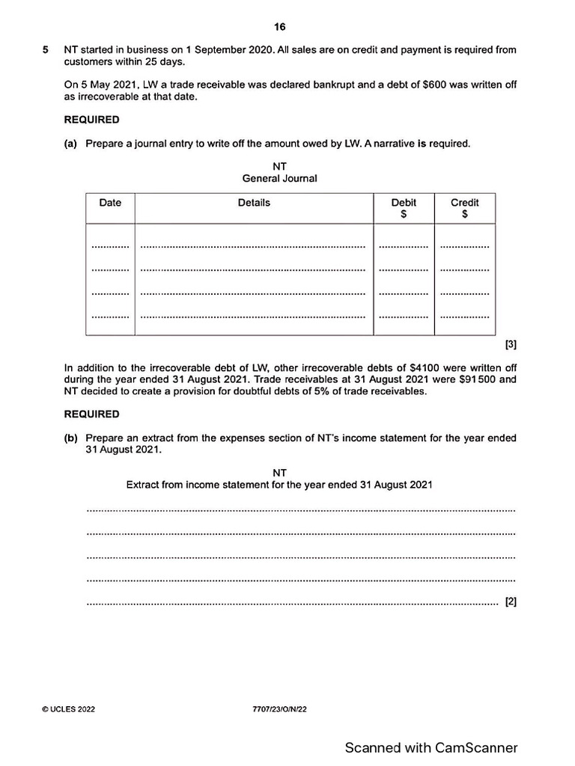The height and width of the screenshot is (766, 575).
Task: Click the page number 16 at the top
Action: [x=279, y=27]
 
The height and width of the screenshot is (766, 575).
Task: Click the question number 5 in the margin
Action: [x=46, y=50]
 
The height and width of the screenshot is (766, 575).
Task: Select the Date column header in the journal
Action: [x=109, y=203]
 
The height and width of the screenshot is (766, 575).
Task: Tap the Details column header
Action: [x=254, y=203]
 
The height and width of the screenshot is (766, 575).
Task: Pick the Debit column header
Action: [x=404, y=203]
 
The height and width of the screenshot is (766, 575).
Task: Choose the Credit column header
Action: [x=464, y=203]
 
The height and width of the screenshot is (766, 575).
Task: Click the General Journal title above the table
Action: [x=279, y=178]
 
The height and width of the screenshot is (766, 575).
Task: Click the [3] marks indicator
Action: [x=511, y=345]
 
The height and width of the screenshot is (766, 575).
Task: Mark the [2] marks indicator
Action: [x=511, y=601]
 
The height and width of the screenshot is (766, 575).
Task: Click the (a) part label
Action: [x=71, y=144]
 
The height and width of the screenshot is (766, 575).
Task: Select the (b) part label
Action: [x=71, y=438]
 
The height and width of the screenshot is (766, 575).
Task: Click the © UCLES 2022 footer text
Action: [x=68, y=709]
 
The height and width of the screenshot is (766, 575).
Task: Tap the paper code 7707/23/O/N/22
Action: [x=280, y=709]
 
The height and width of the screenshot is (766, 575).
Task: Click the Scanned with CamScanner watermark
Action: [x=431, y=747]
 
